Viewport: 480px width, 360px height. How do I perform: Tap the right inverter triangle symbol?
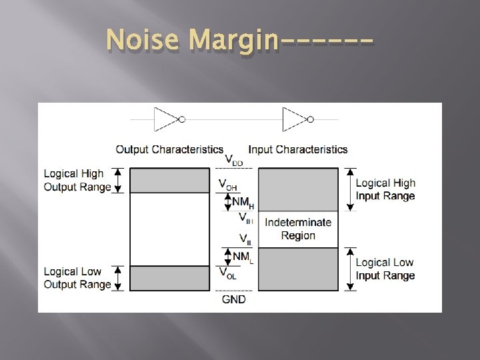click(x=293, y=119)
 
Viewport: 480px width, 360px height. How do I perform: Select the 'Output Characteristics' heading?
click(x=169, y=149)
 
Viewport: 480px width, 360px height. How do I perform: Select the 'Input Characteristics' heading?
click(x=298, y=149)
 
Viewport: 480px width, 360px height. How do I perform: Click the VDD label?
click(x=233, y=161)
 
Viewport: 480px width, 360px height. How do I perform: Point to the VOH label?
click(x=228, y=183)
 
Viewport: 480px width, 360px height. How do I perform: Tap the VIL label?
click(x=233, y=238)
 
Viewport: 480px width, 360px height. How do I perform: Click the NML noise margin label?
click(x=242, y=256)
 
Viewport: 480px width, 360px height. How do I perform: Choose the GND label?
click(x=233, y=299)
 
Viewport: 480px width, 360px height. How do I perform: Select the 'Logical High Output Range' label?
click(x=77, y=181)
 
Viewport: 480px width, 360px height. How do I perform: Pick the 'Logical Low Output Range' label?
click(x=77, y=278)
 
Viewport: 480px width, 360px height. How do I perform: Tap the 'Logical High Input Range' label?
click(x=385, y=189)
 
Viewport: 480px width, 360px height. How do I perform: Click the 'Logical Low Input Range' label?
click(x=385, y=269)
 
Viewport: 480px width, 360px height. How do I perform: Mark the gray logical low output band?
click(x=169, y=278)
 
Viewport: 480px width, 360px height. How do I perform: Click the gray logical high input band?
click(x=298, y=189)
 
